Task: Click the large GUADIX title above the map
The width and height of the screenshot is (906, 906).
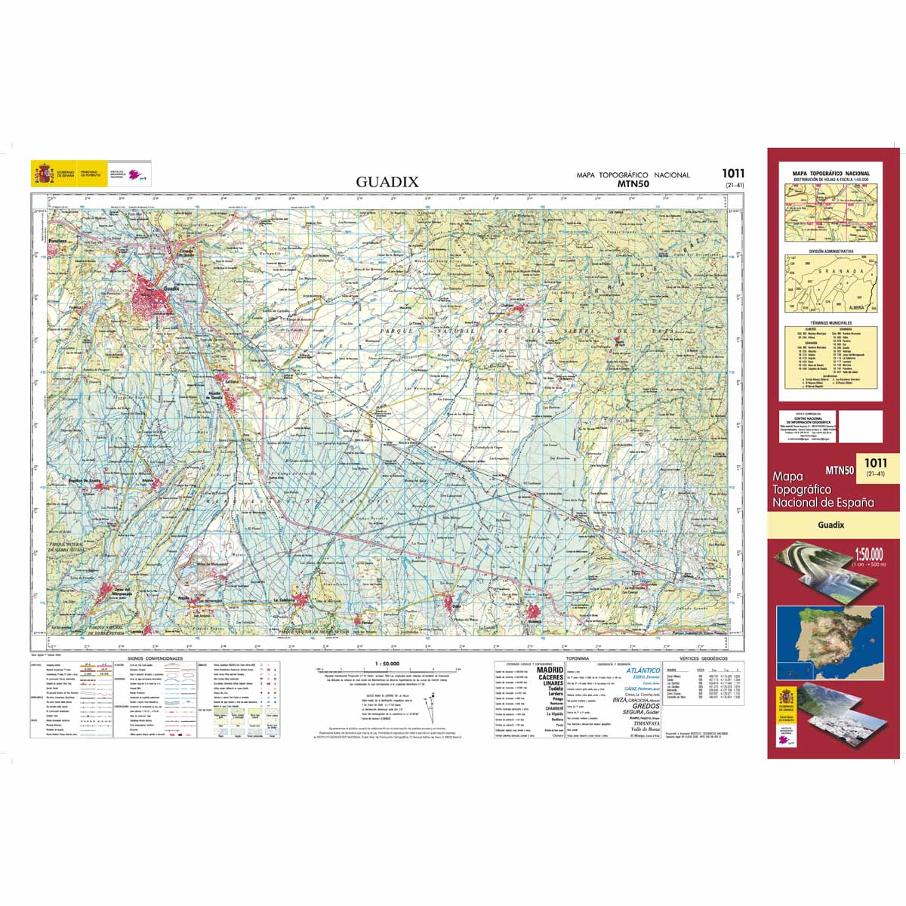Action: click(x=387, y=182)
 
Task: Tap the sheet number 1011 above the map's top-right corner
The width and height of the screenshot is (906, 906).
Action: click(x=732, y=174)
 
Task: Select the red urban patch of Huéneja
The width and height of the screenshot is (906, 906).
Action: click(x=535, y=612)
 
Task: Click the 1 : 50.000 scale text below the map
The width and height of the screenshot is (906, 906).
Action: click(x=386, y=664)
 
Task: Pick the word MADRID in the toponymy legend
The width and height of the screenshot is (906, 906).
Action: click(x=550, y=670)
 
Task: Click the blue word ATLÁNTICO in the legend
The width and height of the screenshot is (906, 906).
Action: click(x=643, y=670)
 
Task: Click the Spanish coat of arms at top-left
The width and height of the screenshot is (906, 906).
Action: click(x=42, y=173)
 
